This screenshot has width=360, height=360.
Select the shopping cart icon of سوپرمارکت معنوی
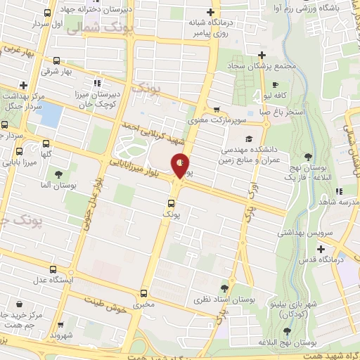[x=217, y=110]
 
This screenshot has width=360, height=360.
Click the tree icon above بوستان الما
[x=58, y=174]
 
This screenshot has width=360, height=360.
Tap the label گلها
[x=46, y=154]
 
